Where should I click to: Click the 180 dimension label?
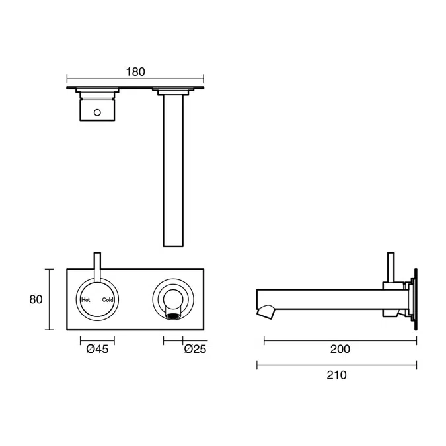click(x=135, y=72)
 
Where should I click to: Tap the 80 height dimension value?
click(x=36, y=299)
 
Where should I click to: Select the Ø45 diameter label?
click(x=97, y=349)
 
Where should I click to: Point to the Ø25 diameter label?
click(x=195, y=349)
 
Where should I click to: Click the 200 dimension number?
click(x=340, y=349)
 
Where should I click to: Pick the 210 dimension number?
click(x=336, y=375)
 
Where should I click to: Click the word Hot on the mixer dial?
click(x=86, y=300)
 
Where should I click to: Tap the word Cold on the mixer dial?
click(x=108, y=300)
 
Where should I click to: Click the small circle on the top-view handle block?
click(x=97, y=112)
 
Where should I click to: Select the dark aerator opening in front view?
click(x=173, y=316)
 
